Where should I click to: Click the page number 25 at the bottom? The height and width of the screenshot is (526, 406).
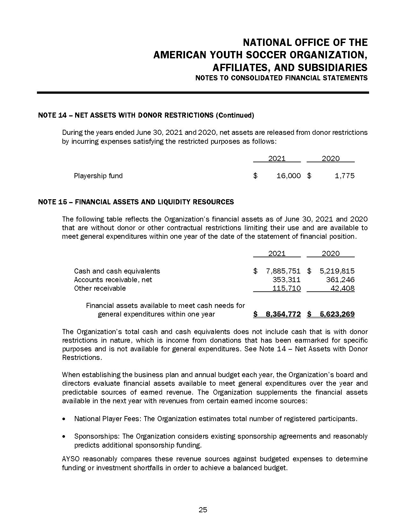click(x=203, y=510)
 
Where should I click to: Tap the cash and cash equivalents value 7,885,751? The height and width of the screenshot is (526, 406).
click(x=283, y=271)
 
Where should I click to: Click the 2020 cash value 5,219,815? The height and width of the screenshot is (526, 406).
click(x=337, y=271)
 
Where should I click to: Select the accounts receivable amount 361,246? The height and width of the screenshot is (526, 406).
click(x=340, y=280)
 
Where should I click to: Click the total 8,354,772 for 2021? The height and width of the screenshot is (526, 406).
click(x=283, y=314)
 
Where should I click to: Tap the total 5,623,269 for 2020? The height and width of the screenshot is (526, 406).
click(x=337, y=314)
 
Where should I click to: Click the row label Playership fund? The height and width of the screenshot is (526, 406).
click(x=98, y=176)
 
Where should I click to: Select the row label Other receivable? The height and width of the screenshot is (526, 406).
click(x=100, y=288)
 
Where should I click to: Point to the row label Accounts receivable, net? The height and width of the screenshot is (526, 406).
click(x=113, y=280)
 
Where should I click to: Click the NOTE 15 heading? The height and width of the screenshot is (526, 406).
click(x=136, y=202)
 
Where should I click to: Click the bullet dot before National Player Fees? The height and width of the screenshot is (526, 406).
click(x=65, y=419)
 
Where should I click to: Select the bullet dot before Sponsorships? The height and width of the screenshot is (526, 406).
click(x=65, y=436)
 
